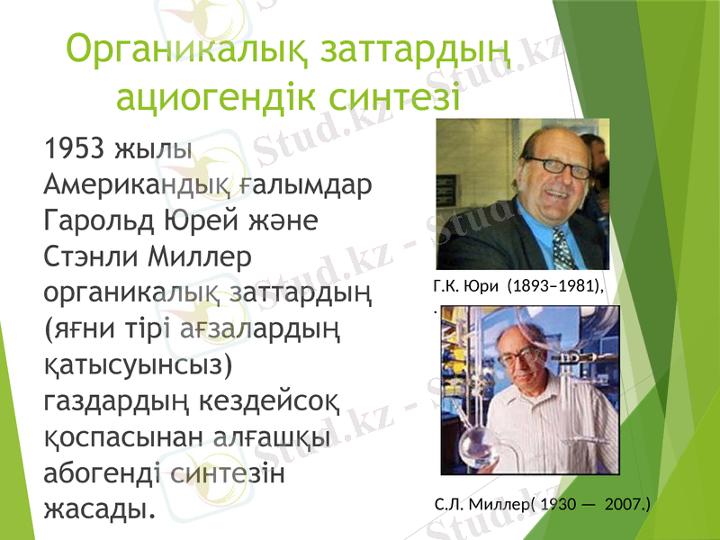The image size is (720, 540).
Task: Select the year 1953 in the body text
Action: click(74, 148)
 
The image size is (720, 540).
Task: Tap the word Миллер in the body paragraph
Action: click(204, 256)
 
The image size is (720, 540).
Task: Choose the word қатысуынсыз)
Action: click(139, 364)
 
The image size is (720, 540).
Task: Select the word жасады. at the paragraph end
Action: click(98, 508)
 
